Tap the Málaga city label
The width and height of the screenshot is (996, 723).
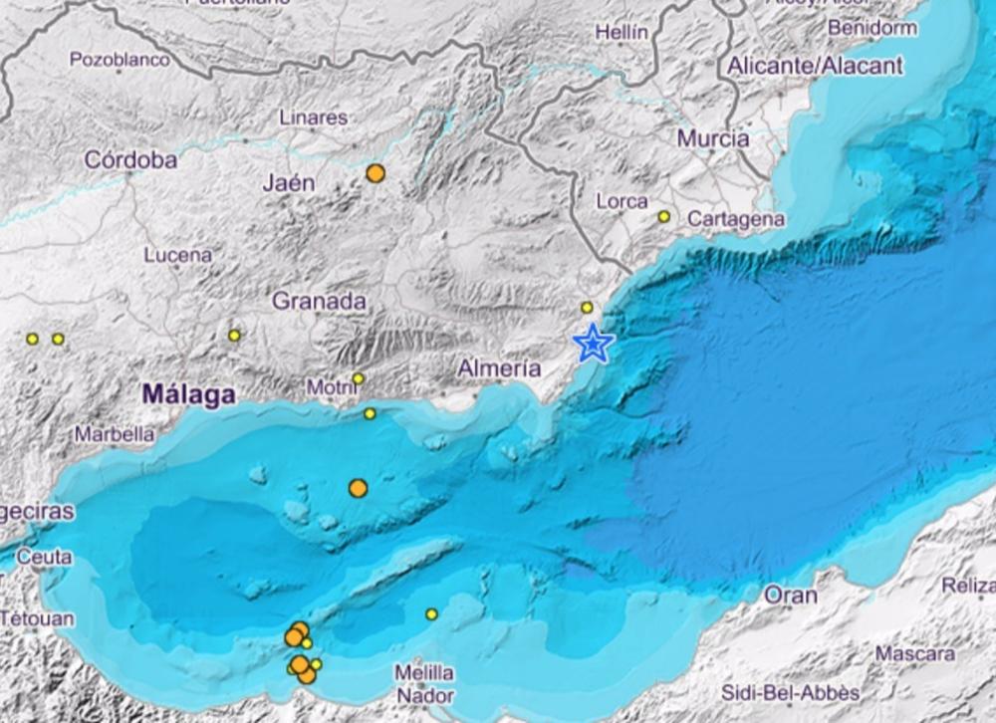pyautogui.click(x=188, y=394)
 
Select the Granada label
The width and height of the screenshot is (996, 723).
pyautogui.click(x=319, y=301)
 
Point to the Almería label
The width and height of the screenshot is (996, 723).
pyautogui.click(x=499, y=368)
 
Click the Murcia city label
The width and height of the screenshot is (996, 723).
pyautogui.click(x=713, y=138)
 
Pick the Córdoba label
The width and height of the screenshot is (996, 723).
pyautogui.click(x=130, y=159)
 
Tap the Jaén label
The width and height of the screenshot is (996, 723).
pyautogui.click(x=288, y=182)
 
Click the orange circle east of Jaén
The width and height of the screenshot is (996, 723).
pyautogui.click(x=375, y=173)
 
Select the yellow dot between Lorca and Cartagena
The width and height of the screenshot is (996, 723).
pyautogui.click(x=664, y=216)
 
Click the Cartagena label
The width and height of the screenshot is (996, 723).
pyautogui.click(x=736, y=219)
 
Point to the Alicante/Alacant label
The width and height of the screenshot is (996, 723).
pyautogui.click(x=815, y=66)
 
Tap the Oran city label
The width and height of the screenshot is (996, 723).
pyautogui.click(x=790, y=596)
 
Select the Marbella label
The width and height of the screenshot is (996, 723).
pyautogui.click(x=115, y=434)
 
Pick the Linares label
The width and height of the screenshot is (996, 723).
pyautogui.click(x=313, y=118)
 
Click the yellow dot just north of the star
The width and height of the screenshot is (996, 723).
pyautogui.click(x=587, y=308)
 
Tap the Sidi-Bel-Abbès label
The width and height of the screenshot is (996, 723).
pyautogui.click(x=777, y=693)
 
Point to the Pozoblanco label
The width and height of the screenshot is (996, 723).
pyautogui.click(x=120, y=60)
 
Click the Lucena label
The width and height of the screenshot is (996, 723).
pyautogui.click(x=177, y=255)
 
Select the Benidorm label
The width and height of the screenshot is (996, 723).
pyautogui.click(x=871, y=28)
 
